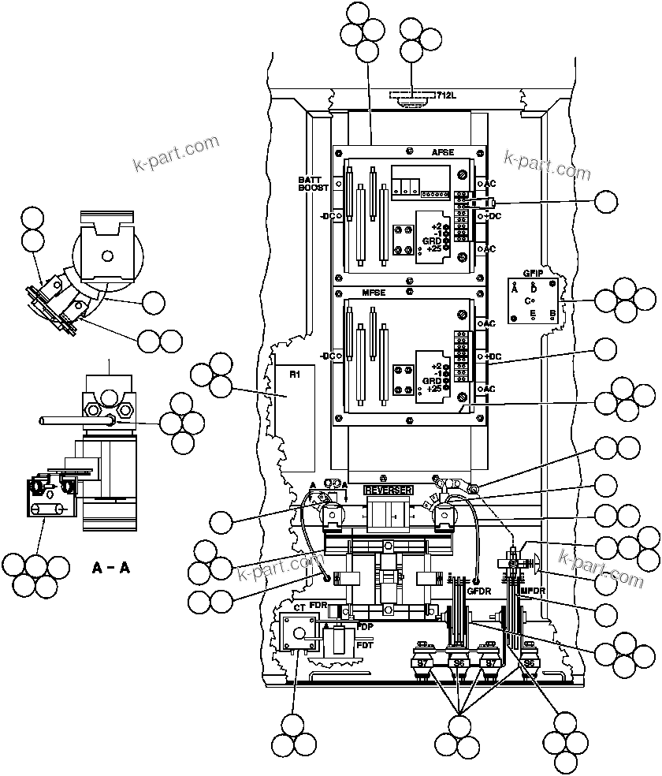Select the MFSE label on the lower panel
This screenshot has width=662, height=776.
[373, 293]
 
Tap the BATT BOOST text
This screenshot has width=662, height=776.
[313, 184]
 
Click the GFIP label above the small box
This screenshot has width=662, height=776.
[532, 273]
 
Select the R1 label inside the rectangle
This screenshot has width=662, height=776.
[293, 375]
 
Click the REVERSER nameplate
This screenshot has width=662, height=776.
[388, 490]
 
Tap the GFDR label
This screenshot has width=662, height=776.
[478, 589]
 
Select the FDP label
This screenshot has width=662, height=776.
[365, 626]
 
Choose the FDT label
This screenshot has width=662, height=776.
[365, 645]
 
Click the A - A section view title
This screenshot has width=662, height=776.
[111, 566]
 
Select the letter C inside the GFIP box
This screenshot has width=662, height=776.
[530, 300]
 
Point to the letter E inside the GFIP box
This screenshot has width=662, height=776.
[533, 314]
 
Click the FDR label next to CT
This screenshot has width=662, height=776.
[318, 606]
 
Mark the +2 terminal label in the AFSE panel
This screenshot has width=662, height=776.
[436, 226]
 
